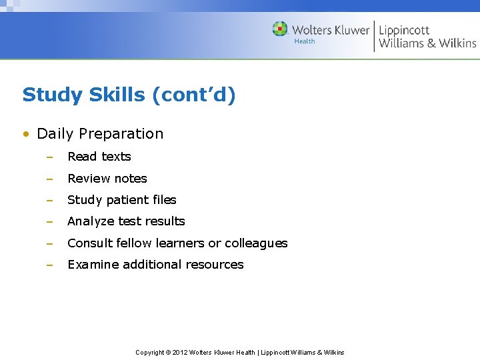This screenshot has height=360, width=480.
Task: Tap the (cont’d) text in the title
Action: [194, 95]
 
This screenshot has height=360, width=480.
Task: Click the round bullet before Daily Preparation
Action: [26, 134]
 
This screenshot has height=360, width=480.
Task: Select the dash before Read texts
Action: [49, 157]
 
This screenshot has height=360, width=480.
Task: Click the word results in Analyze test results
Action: [167, 221]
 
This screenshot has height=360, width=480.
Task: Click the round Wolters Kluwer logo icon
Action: [280, 29]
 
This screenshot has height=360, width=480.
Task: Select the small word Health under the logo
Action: [305, 41]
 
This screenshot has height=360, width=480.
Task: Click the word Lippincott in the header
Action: [404, 30]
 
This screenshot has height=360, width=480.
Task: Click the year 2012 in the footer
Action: [180, 353]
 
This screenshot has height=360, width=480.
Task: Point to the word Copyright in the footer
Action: [150, 353]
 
